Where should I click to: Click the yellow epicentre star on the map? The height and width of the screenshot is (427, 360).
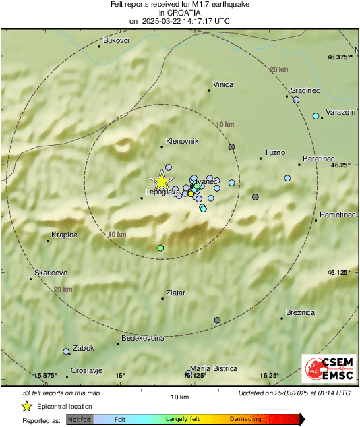click(161, 180)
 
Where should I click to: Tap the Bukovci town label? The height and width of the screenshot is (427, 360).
click(115, 41)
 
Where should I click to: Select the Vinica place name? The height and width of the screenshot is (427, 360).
click(222, 84)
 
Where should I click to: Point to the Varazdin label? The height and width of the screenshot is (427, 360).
click(340, 111)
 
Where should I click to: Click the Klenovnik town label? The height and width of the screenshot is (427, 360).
click(181, 141)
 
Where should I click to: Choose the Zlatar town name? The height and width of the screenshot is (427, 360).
click(175, 293)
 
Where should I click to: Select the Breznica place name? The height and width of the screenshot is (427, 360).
click(300, 312)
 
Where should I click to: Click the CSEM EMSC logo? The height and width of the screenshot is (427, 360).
click(325, 370)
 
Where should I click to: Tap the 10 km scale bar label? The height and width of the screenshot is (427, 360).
click(179, 396)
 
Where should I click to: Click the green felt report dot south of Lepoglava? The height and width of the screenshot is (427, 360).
click(160, 248)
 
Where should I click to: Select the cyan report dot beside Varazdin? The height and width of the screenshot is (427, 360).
click(316, 117)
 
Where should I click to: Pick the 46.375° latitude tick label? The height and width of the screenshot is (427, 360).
click(338, 57)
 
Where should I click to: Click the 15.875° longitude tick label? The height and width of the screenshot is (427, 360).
click(47, 375)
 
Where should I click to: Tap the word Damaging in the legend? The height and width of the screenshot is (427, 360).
click(245, 419)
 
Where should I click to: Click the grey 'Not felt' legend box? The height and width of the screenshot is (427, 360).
click(80, 419)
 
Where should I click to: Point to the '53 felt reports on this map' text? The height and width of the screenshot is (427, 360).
click(61, 393)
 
